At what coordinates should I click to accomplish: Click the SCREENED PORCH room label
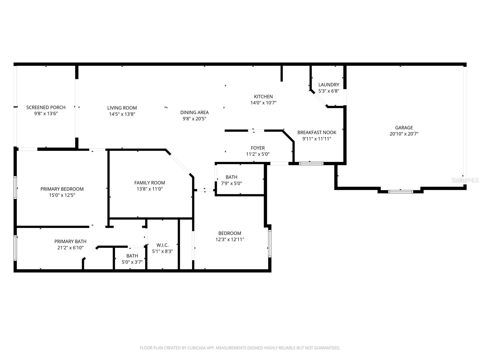point(46,107)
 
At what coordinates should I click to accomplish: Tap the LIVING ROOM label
point(122,108)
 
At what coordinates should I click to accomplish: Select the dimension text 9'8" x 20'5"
point(194,119)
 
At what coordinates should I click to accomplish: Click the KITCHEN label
point(263,97)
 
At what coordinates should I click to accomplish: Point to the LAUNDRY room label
point(329,85)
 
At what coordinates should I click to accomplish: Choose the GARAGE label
point(404,128)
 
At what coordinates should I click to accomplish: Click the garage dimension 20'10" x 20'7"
point(404,134)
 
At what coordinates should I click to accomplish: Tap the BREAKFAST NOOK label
point(317,133)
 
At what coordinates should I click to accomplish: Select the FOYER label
point(258,148)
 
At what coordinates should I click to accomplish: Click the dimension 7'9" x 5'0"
point(231,183)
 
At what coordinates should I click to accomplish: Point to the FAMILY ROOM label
point(150,183)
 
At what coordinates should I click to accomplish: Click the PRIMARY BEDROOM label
point(62,189)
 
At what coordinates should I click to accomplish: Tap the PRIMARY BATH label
point(70,241)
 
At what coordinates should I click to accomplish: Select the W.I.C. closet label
point(163,245)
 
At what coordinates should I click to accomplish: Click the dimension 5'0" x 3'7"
point(132,262)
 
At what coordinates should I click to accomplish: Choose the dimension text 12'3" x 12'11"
point(230,239)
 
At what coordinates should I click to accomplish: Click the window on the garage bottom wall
point(400,191)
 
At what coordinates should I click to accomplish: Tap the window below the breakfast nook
point(311,163)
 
